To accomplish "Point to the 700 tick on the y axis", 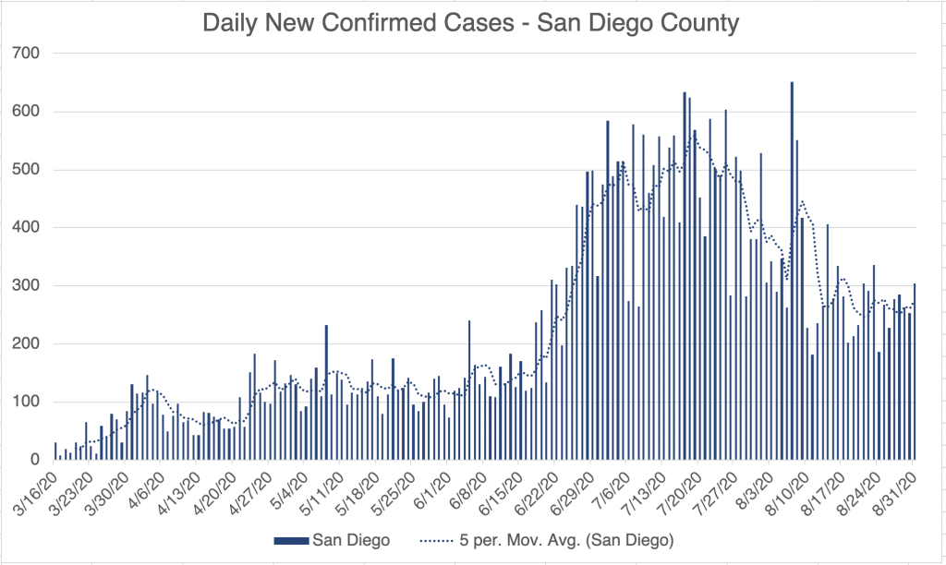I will point(27,54).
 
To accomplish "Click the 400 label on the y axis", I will point(27,228).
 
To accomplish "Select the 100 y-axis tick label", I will point(27,403).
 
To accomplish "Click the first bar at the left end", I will point(55,451).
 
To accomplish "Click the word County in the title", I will point(695,22).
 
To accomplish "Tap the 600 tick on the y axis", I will point(27,112).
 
